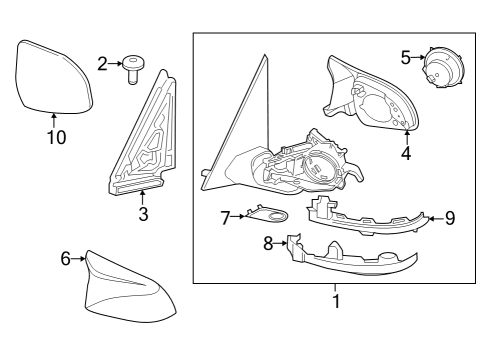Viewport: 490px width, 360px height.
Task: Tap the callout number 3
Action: click(143, 214)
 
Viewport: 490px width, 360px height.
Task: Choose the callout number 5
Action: click(406, 57)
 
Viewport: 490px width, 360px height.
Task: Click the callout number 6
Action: click(66, 258)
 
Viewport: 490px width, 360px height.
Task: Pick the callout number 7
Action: click(226, 216)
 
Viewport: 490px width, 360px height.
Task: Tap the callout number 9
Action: click(449, 216)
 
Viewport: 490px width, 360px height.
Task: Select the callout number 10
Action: click(56, 137)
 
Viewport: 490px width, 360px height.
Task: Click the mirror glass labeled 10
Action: click(54, 74)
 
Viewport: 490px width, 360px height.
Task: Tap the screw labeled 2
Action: click(135, 68)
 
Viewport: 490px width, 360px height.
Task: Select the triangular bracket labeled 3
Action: click(142, 140)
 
